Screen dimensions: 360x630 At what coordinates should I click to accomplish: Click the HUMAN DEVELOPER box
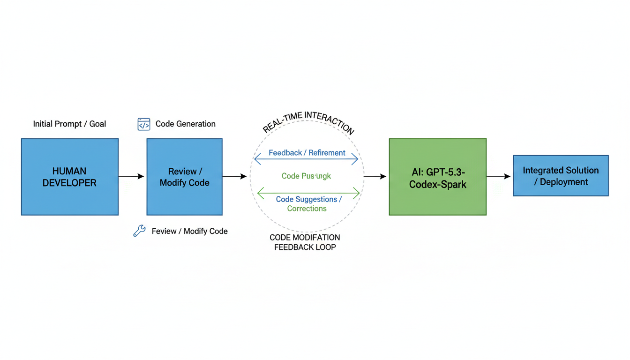[69, 177]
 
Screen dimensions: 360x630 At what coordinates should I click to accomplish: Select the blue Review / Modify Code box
[184, 177]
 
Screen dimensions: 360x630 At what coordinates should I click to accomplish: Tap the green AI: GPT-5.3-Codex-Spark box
[437, 177]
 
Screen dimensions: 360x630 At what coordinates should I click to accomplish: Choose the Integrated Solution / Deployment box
[561, 176]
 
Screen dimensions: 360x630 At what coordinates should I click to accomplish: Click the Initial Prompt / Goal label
[69, 124]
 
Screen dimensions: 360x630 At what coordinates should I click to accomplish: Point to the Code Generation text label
[186, 124]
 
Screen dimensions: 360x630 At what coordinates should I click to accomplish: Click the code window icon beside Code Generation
[144, 124]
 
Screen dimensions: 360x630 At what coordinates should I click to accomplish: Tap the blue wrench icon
[139, 231]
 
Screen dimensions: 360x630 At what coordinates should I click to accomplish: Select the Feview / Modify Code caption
[190, 231]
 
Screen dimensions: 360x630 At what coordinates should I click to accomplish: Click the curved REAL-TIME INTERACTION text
[308, 120]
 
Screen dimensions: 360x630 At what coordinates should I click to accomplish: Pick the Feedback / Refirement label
[307, 153]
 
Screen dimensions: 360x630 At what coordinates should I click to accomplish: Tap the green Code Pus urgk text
[306, 176]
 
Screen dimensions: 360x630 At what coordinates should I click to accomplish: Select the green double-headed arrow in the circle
[308, 192]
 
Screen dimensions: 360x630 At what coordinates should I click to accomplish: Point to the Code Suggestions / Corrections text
[308, 204]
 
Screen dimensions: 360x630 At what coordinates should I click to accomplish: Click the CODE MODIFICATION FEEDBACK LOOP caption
[305, 242]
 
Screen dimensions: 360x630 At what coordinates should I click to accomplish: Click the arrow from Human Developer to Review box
[131, 176]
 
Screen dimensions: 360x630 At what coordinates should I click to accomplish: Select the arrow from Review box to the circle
[234, 176]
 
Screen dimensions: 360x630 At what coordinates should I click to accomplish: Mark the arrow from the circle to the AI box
[375, 176]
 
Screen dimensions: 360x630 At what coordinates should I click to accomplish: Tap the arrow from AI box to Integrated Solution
[498, 176]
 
